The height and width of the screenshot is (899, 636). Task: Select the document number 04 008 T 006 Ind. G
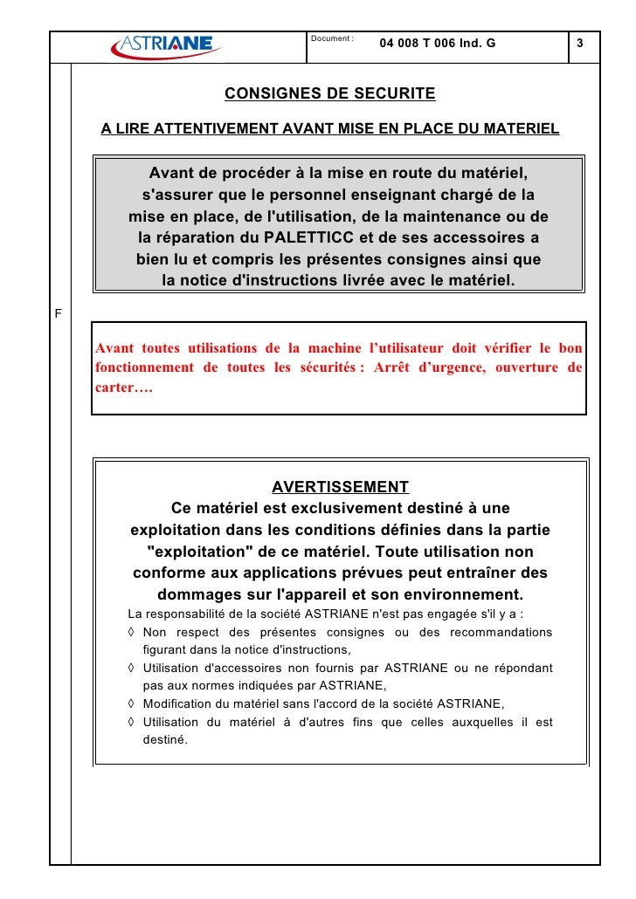(437, 44)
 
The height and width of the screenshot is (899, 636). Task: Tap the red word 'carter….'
(123, 387)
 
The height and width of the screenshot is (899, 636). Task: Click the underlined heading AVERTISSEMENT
(340, 487)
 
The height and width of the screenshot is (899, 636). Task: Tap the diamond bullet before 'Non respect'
(131, 633)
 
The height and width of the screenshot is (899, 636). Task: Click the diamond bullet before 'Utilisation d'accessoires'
(131, 669)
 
